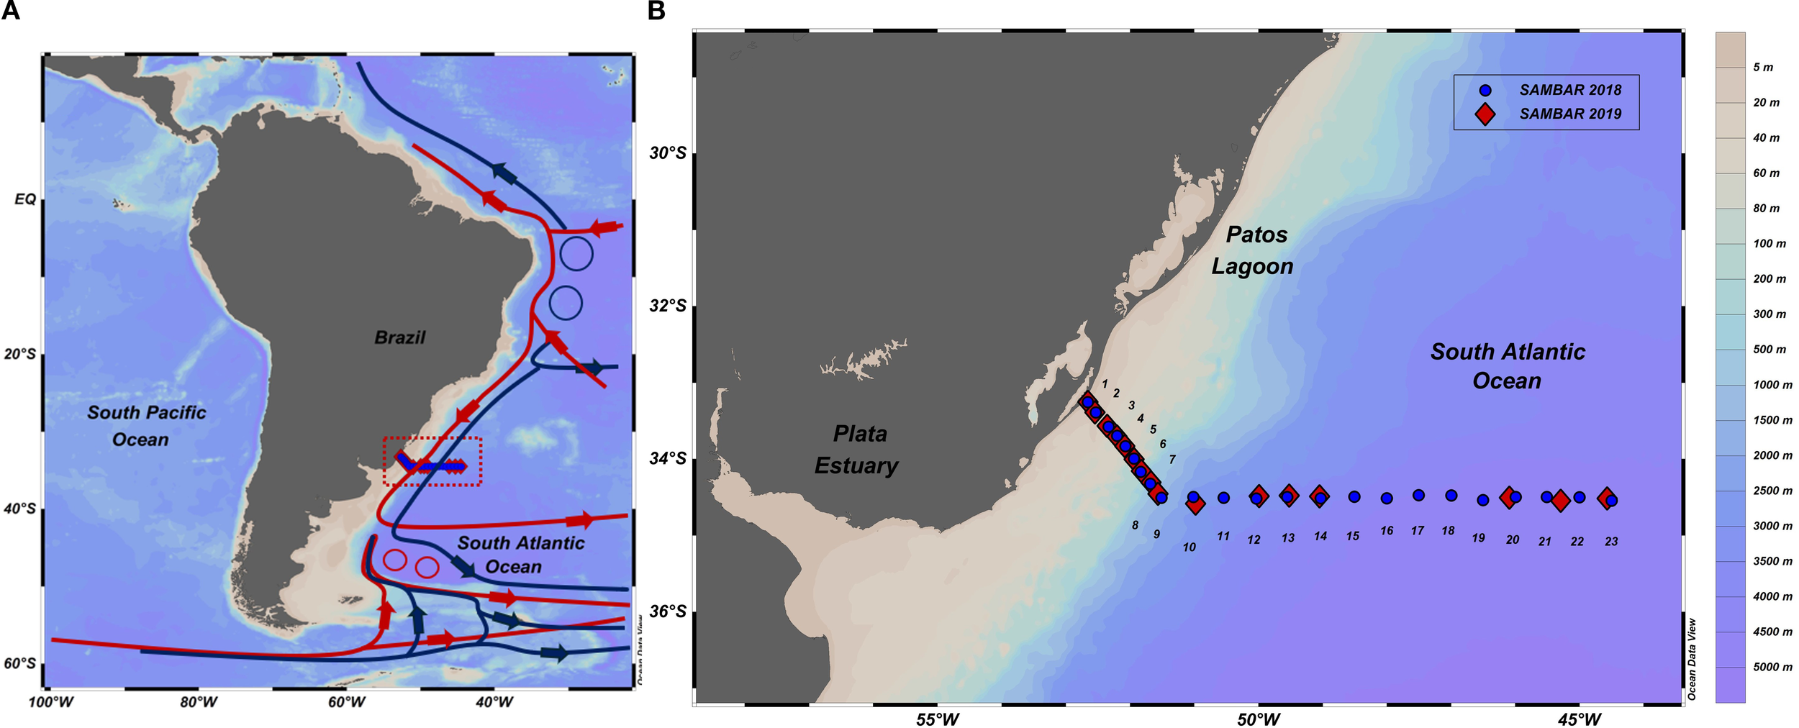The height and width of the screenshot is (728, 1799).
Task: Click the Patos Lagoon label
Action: pos(1253,250)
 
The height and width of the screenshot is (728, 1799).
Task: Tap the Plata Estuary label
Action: pos(857,450)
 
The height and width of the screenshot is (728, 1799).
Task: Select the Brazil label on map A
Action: pos(399,337)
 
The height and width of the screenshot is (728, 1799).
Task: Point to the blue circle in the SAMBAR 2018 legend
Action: pos(1485,91)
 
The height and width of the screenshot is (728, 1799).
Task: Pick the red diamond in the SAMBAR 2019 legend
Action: pos(1485,114)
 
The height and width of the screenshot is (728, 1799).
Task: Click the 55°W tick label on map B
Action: pos(937,719)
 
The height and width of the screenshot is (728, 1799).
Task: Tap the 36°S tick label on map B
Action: pos(667,611)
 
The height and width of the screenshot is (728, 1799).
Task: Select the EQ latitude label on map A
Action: pos(24,199)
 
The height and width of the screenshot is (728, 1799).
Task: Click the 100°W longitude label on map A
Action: pos(50,702)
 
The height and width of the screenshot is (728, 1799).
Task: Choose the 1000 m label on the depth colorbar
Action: pos(1772,385)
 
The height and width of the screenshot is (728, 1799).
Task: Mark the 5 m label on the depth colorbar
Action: pos(1762,68)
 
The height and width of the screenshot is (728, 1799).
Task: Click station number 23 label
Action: pos(1611,542)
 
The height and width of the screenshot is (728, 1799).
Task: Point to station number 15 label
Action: pos(1353,536)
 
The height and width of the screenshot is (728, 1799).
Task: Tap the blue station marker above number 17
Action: pos(1418,495)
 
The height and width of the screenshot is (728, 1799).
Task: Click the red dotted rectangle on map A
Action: pos(432,437)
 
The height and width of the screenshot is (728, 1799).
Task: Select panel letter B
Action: pos(656,11)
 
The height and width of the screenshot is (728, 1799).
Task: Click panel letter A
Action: pos(10,11)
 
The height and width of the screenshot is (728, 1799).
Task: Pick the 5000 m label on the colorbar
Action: pos(1772,667)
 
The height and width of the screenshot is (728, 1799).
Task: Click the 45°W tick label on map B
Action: pos(1580,719)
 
